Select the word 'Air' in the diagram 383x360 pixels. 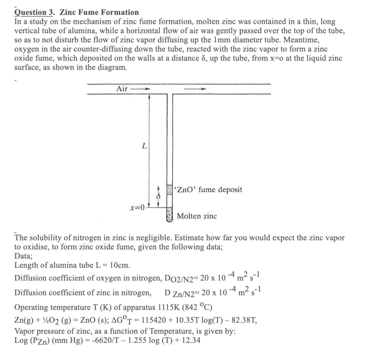(122, 89)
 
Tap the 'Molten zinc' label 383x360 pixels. (197, 216)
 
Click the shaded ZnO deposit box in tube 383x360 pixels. (170, 190)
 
